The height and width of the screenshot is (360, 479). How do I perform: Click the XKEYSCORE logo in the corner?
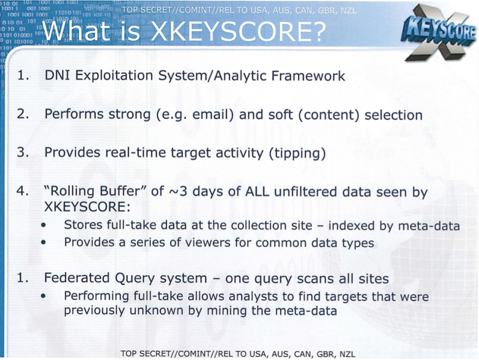coord(439,32)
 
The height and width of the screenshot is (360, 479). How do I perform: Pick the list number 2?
coord(23,114)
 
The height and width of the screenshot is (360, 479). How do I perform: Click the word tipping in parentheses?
coord(298,153)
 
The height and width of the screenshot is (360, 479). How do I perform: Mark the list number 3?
coord(23,152)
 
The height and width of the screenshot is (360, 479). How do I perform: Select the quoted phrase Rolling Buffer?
coord(95,191)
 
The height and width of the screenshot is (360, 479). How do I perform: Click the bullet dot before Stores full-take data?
coord(44,225)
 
